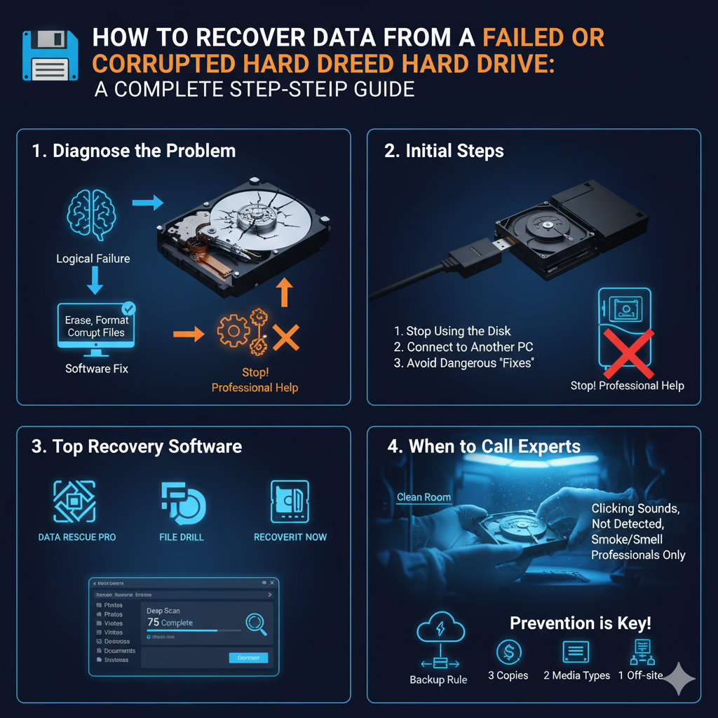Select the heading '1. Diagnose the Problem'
coord(134,151)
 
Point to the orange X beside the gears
coord(286,337)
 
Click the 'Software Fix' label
coord(97,368)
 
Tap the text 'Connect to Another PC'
coord(470,347)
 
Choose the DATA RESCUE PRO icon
coord(75,501)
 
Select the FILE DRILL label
coord(182,537)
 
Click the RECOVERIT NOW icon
coord(290,501)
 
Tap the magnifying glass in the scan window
coord(256,623)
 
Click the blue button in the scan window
coord(248,658)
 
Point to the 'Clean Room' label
coord(424,497)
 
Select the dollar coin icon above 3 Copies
coord(508,652)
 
